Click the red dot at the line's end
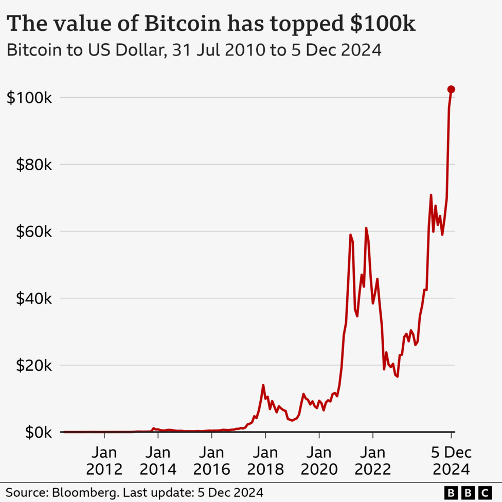451,89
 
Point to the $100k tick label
29,98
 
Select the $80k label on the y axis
32,165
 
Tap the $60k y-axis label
32,231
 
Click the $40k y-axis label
32,298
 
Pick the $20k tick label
32,365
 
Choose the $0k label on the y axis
35,432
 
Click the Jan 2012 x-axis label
104,461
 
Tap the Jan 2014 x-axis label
158,461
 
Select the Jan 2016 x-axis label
211,461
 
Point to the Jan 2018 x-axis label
265,461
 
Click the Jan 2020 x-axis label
319,461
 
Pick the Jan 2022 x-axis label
373,461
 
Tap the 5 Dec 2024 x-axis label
451,461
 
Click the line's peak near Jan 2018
263,385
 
